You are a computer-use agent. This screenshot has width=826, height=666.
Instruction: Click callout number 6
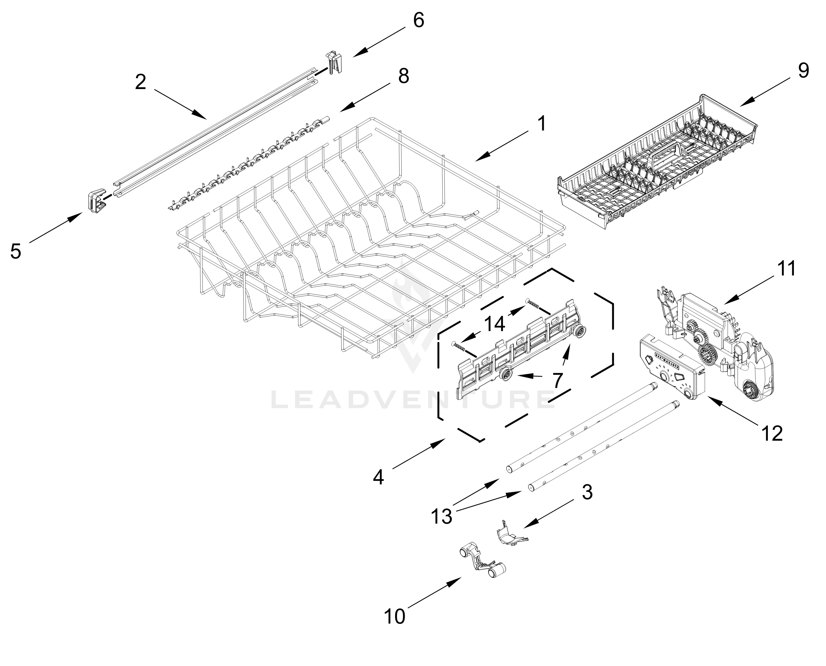point(418,20)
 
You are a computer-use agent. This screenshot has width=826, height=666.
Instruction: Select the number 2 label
point(140,82)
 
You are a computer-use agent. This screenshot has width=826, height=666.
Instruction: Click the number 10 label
point(394,617)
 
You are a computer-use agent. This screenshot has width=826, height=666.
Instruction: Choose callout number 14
point(494,324)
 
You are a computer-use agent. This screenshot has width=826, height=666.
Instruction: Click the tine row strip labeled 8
point(249,165)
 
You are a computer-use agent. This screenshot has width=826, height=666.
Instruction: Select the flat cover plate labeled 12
point(671,368)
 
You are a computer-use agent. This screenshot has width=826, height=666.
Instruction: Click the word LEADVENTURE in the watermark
point(412,400)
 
